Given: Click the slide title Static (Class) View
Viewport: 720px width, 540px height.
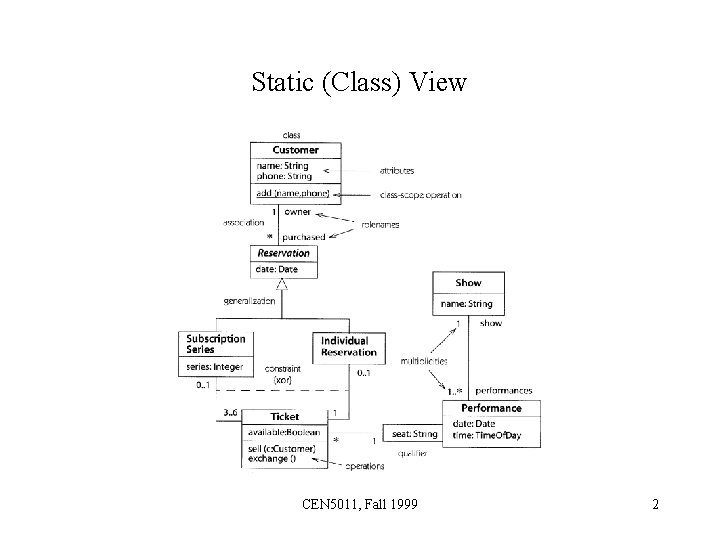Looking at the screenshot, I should click(359, 81).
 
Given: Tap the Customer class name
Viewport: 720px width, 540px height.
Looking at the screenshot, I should click(295, 150).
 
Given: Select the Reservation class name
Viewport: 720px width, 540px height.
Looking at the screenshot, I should click(284, 253).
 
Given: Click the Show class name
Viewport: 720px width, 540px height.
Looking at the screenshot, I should click(468, 283).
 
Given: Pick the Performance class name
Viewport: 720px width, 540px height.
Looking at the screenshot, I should click(491, 408).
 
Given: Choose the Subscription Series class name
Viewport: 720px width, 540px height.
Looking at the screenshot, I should click(215, 344).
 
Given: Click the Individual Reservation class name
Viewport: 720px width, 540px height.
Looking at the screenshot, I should click(349, 346).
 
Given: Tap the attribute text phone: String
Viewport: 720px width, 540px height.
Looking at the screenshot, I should click(282, 176).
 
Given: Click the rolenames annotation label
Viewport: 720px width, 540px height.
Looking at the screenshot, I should click(380, 225).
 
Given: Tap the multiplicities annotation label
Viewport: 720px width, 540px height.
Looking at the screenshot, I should click(424, 360).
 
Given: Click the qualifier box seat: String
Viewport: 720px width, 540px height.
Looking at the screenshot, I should click(414, 434).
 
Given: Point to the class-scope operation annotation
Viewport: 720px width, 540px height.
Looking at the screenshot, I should click(421, 194).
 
